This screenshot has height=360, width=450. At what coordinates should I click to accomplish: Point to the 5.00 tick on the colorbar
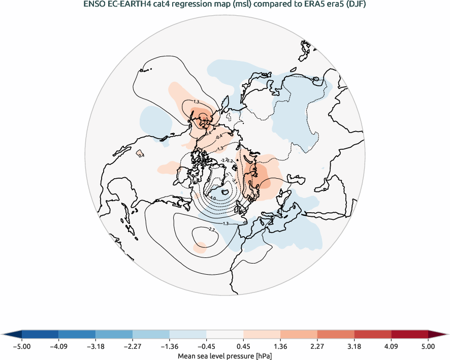point(428,347)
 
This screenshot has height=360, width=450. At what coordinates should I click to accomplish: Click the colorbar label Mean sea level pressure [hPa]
point(224,356)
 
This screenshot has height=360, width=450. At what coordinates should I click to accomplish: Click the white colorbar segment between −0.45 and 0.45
point(225,334)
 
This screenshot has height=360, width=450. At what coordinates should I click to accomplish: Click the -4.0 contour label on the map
point(212,198)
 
